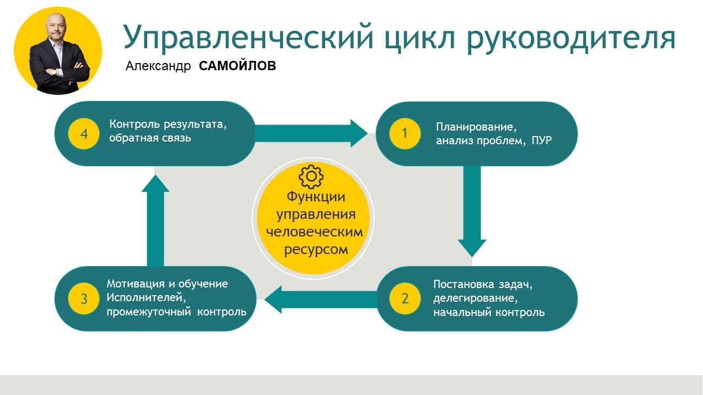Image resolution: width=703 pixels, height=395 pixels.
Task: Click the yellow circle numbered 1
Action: click(x=405, y=133)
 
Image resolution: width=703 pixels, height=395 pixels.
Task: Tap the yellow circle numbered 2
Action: click(x=405, y=298)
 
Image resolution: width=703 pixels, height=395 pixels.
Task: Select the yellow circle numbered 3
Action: click(x=84, y=298)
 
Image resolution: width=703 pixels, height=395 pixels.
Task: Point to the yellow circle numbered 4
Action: click(x=84, y=134)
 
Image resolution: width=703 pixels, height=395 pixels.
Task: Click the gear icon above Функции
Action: click(x=311, y=176)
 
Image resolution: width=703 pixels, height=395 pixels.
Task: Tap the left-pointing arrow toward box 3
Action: click(x=321, y=299)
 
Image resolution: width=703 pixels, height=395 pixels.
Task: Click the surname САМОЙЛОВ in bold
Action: click(x=237, y=66)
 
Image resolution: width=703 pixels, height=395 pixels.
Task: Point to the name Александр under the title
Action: click(x=158, y=67)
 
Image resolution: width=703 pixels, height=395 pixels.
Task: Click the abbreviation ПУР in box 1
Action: click(x=542, y=141)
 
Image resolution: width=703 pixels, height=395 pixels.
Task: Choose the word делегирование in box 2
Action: click(x=476, y=299)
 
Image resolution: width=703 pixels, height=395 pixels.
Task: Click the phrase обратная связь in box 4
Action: click(x=150, y=138)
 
